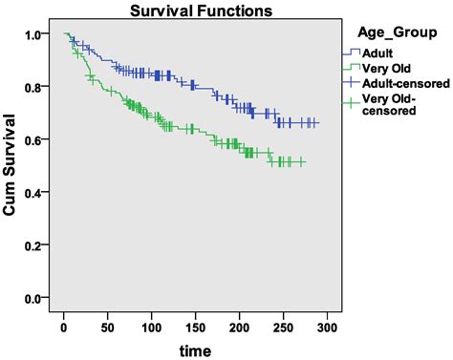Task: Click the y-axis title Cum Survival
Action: (x=12, y=168)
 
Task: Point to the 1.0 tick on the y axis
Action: (x=32, y=34)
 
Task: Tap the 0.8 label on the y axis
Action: (x=32, y=87)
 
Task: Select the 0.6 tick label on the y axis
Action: (x=32, y=140)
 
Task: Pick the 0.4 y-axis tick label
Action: (x=32, y=193)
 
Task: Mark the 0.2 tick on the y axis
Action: (x=32, y=246)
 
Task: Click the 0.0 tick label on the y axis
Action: (x=32, y=299)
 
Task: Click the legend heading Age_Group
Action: (x=388, y=30)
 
